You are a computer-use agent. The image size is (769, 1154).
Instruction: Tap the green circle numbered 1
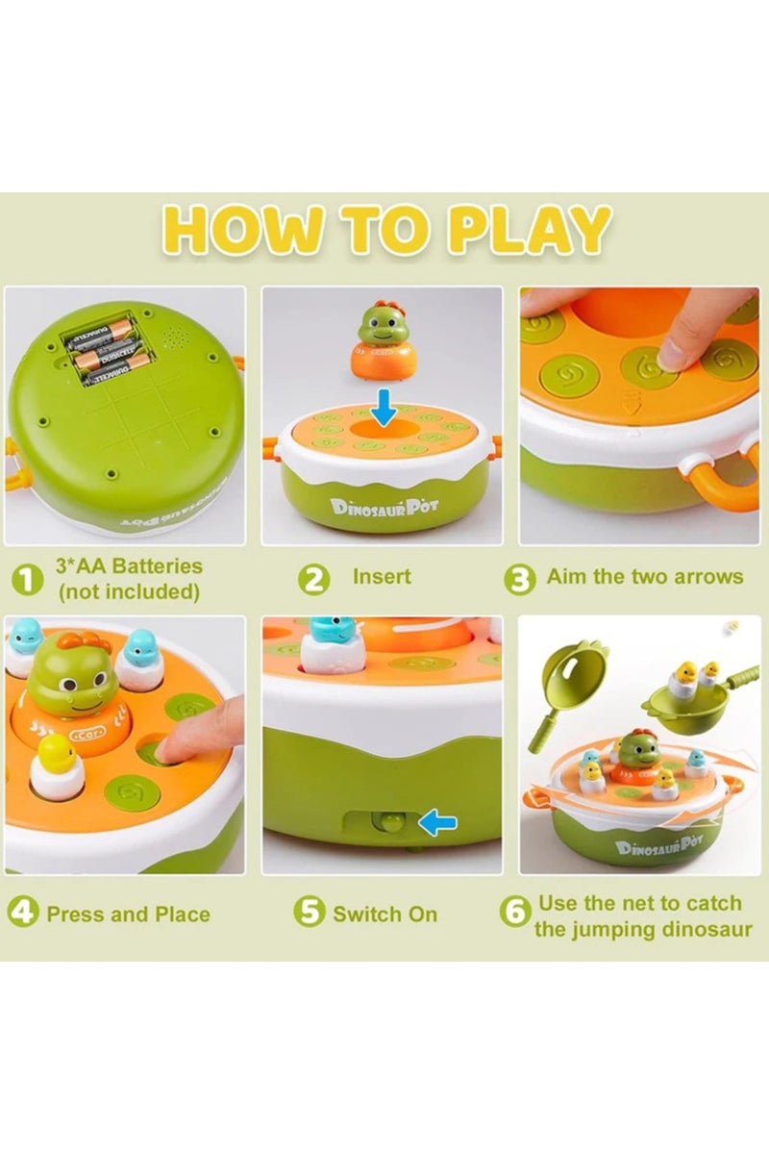tap(28, 579)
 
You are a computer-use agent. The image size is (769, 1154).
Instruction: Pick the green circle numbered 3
tap(519, 578)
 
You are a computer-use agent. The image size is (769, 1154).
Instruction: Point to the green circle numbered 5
tap(310, 912)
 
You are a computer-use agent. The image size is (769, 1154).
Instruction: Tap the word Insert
tap(382, 577)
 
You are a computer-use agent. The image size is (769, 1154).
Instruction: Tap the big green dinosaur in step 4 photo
tap(72, 678)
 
